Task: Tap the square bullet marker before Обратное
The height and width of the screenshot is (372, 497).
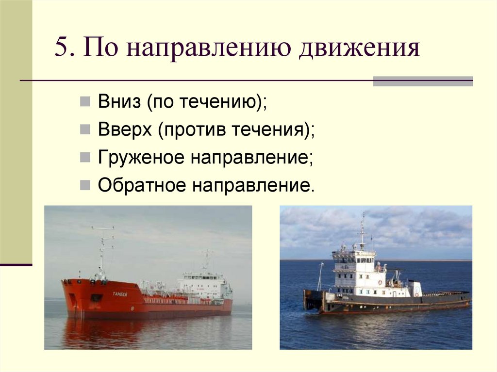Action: pos(85,185)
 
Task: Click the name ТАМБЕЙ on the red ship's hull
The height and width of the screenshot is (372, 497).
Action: pos(120,294)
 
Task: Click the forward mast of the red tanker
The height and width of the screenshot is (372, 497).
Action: pos(101,252)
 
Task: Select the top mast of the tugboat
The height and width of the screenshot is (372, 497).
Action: pos(363,228)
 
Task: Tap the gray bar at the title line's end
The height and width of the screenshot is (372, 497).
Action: pos(423,81)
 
